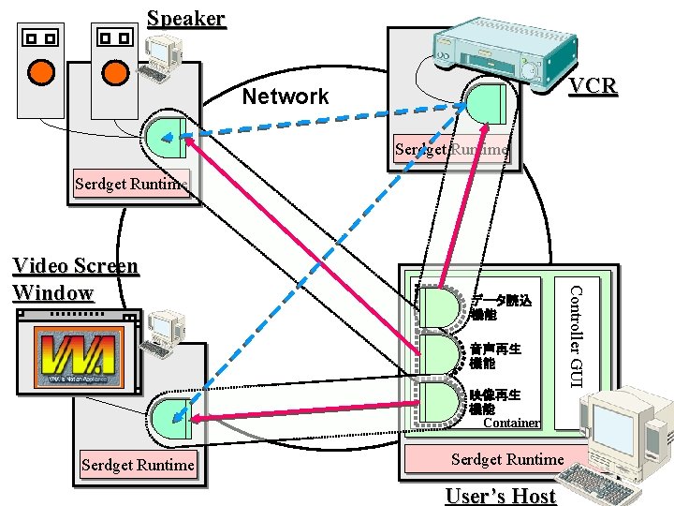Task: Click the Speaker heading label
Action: pyautogui.click(x=186, y=18)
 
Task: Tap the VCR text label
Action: pyautogui.click(x=593, y=86)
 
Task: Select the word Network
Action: pyautogui.click(x=286, y=97)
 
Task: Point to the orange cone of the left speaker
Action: pyautogui.click(x=39, y=71)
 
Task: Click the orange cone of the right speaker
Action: pyautogui.click(x=114, y=71)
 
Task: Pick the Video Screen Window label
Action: pyautogui.click(x=75, y=279)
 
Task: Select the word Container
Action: pyautogui.click(x=511, y=423)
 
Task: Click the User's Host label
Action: pyautogui.click(x=500, y=496)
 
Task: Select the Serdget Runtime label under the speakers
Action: pyautogui.click(x=130, y=184)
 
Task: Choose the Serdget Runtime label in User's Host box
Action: pyautogui.click(x=507, y=459)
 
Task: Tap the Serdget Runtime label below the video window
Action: pyautogui.click(x=138, y=465)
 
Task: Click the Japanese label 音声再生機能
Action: pyautogui.click(x=495, y=355)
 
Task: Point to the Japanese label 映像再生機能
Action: pyautogui.click(x=495, y=401)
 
